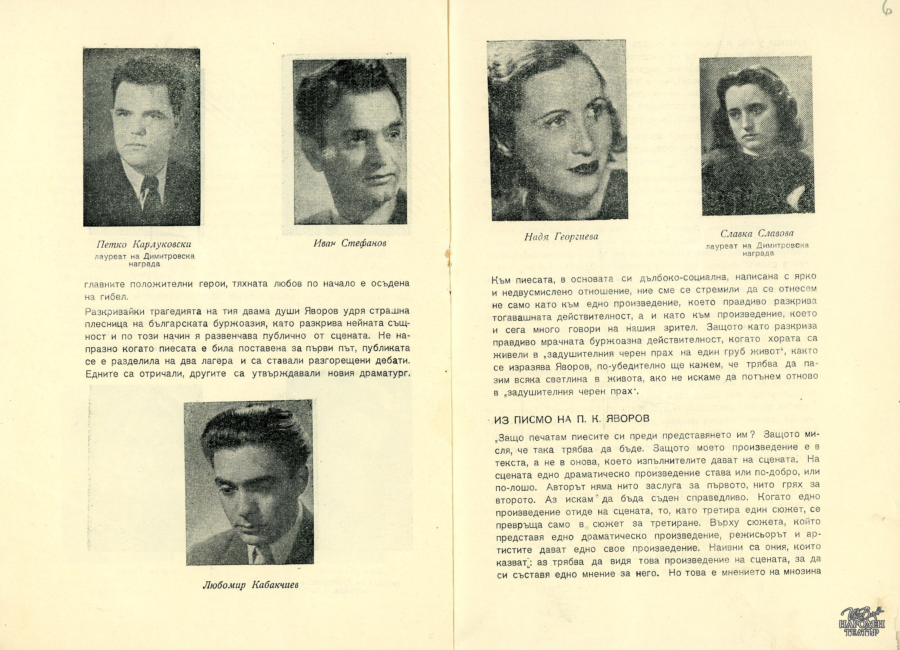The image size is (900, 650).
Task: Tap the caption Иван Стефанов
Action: (x=349, y=243)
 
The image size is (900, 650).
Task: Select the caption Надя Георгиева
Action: (x=561, y=237)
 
